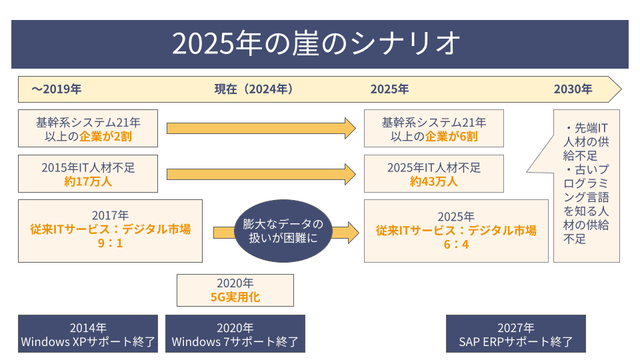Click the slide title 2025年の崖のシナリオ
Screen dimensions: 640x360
[x=316, y=43]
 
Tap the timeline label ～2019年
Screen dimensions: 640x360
[x=56, y=89]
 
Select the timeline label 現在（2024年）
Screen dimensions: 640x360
[x=253, y=89]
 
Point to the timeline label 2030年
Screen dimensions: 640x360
[x=573, y=89]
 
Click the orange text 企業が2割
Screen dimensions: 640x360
[x=105, y=136]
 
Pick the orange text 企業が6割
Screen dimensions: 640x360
[x=451, y=136]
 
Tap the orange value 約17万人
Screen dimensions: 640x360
[x=88, y=181]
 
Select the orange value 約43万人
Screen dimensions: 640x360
[x=433, y=181]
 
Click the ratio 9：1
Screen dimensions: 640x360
[x=110, y=243]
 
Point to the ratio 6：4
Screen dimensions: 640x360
[x=456, y=245]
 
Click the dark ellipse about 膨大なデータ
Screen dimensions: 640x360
[x=283, y=231]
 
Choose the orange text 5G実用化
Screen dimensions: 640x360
[x=235, y=297]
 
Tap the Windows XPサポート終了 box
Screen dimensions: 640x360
[x=88, y=333]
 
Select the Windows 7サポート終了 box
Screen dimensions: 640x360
[x=235, y=333]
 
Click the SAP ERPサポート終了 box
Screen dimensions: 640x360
[x=515, y=333]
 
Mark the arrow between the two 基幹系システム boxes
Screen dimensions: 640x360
[x=261, y=129]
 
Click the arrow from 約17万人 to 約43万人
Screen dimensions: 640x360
[x=261, y=174]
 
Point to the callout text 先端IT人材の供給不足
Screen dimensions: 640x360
[x=586, y=141]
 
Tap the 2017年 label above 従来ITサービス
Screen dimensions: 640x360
[x=110, y=215]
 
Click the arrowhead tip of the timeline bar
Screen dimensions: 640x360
[x=621, y=89]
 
